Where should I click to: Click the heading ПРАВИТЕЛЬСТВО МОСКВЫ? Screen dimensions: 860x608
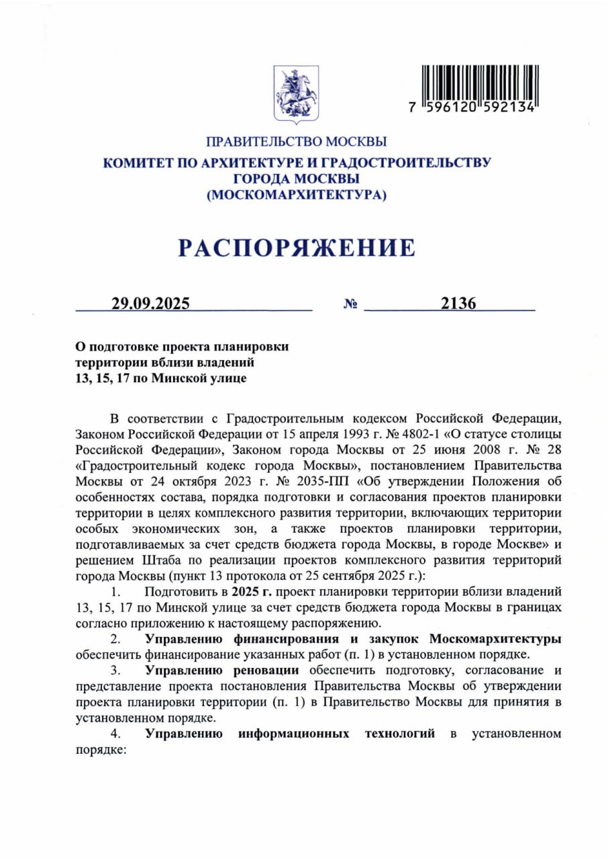[x=297, y=142]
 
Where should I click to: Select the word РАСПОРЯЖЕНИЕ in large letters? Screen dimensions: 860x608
[x=296, y=248]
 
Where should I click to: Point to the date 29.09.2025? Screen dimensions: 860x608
[x=151, y=303]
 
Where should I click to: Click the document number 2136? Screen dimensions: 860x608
[x=458, y=303]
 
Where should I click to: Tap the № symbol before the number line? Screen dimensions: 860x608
[x=350, y=304]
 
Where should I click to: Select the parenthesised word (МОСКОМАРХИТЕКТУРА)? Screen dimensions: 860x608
[x=297, y=195]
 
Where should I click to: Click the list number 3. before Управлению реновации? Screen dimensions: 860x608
[x=115, y=671]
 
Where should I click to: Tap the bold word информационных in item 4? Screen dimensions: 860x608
[x=293, y=734]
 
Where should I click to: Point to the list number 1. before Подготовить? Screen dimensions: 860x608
[x=115, y=592]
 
